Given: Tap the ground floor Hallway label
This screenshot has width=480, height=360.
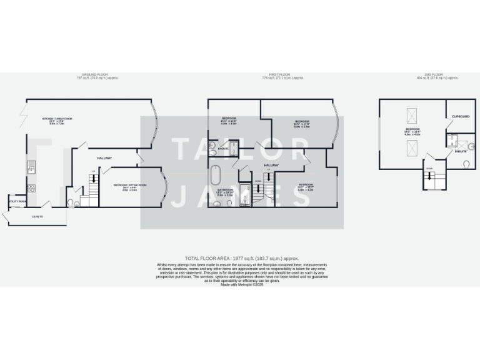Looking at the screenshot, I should point(104,158).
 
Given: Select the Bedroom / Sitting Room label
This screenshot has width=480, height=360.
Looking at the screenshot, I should point(129,185).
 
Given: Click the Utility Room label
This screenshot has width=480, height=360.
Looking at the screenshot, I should point(17,201).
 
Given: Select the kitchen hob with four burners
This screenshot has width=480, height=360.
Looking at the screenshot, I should point(31,189).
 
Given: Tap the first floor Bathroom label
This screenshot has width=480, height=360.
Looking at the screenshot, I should point(225,189).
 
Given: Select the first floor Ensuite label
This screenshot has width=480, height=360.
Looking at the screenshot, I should point(222,149).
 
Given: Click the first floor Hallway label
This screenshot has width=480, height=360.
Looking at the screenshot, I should point(271,165).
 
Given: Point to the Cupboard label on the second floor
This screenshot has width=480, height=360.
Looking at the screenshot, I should point(461,117).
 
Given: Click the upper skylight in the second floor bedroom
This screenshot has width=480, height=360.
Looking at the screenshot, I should point(412,115).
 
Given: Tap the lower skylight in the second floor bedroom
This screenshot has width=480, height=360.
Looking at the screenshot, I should point(412,147).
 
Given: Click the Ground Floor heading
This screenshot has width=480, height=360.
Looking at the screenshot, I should point(97,75).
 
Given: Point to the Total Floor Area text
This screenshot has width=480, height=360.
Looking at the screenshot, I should point(242,258).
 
